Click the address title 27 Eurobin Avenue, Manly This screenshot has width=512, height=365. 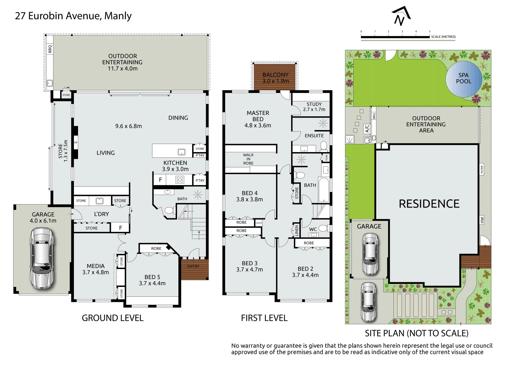[73, 16]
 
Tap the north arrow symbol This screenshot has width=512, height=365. [401, 16]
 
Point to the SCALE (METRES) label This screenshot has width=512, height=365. [443, 36]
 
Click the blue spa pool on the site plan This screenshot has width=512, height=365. [463, 79]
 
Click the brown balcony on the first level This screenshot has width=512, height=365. [275, 77]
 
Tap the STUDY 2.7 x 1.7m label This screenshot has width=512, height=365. [314, 107]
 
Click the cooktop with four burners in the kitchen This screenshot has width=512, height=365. [180, 179]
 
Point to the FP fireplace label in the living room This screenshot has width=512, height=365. [76, 143]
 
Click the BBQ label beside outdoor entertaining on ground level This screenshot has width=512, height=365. [50, 49]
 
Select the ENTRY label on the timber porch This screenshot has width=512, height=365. [193, 266]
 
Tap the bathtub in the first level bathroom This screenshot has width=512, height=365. [324, 190]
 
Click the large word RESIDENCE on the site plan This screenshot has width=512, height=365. [429, 204]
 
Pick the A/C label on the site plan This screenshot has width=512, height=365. [367, 128]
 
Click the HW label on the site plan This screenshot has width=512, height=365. [482, 220]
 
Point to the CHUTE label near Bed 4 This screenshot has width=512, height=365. [259, 223]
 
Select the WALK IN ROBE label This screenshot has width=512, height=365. [248, 159]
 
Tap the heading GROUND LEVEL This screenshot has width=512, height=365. [112, 318]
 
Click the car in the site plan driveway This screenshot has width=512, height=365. [368, 302]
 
